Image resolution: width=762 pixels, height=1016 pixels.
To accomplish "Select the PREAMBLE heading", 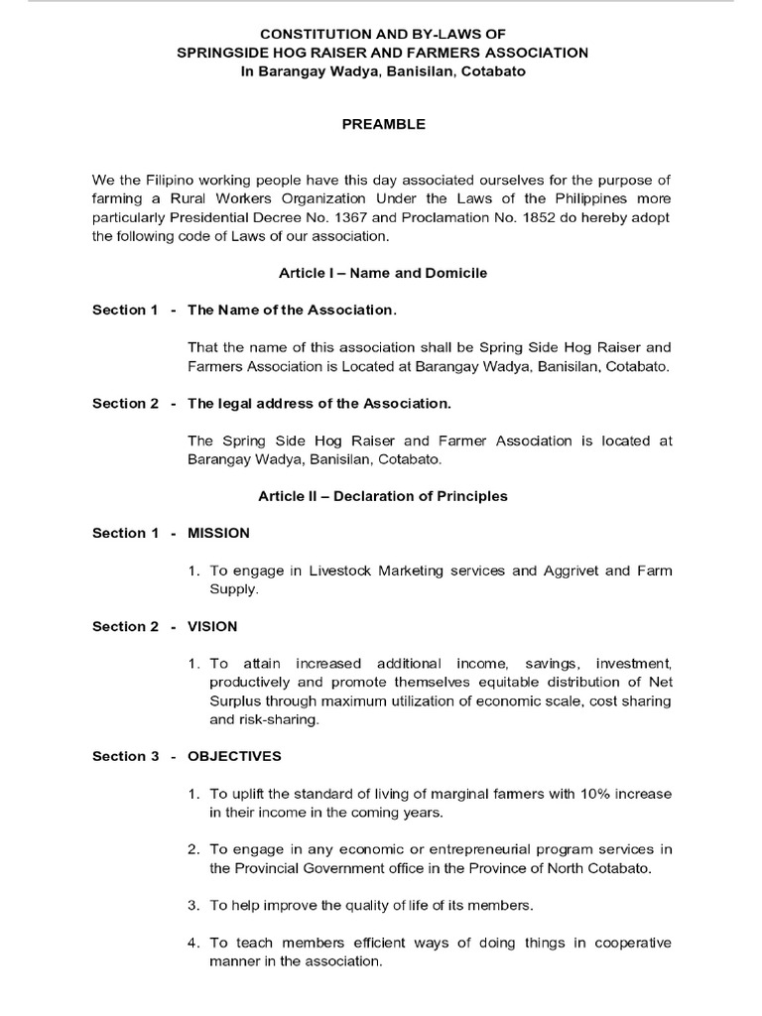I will pos(383,124).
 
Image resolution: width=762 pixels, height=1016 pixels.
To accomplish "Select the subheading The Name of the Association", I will pos(292,311).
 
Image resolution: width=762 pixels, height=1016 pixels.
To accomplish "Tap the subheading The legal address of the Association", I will pos(318,403).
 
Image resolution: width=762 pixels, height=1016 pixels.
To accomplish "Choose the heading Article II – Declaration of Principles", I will pos(383,496).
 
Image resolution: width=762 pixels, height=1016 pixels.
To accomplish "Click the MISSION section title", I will pos(218,533).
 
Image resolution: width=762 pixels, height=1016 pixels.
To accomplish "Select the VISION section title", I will pos(212,626).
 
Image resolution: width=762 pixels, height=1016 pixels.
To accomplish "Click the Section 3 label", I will pos(126,756).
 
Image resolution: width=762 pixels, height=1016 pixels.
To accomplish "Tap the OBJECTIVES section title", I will pos(234,756).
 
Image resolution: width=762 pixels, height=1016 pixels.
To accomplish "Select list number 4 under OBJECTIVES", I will pos(193,943).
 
